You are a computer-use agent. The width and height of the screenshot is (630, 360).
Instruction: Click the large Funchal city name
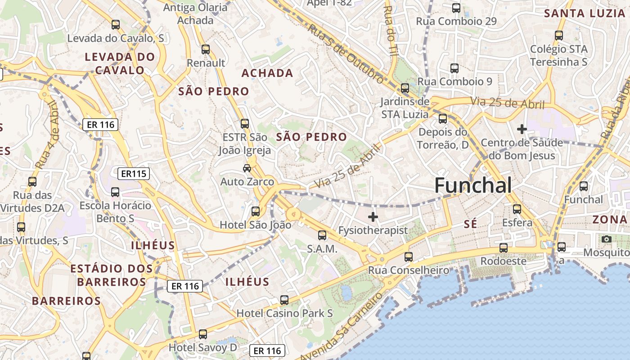pyautogui.click(x=473, y=185)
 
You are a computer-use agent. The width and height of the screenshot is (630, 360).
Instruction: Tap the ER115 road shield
pyautogui.click(x=133, y=173)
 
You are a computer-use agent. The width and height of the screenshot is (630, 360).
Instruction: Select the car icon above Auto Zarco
pyautogui.click(x=247, y=168)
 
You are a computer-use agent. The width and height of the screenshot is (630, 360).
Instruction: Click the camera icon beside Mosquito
pyautogui.click(x=607, y=239)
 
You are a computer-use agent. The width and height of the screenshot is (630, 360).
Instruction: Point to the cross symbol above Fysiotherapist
pyautogui.click(x=373, y=217)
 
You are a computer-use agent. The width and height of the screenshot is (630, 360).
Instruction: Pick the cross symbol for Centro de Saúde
pyautogui.click(x=522, y=130)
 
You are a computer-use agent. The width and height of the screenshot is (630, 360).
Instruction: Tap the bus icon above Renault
pyautogui.click(x=206, y=49)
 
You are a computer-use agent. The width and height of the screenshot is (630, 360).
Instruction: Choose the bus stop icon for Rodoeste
pyautogui.click(x=504, y=248)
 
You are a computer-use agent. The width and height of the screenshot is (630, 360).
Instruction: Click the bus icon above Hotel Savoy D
pyautogui.click(x=203, y=334)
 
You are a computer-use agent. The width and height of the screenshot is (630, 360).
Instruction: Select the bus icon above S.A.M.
pyautogui.click(x=322, y=235)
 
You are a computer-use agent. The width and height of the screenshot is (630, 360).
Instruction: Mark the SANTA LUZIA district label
pyautogui.click(x=585, y=13)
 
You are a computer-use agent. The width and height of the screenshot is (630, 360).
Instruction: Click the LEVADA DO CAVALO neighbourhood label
pyautogui.click(x=120, y=63)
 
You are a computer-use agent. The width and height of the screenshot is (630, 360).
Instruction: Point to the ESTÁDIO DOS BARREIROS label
pyautogui.click(x=112, y=275)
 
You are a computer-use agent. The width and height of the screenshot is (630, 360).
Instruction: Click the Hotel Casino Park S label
pyautogui.click(x=285, y=313)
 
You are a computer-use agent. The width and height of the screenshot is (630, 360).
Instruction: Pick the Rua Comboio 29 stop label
pyautogui.click(x=456, y=21)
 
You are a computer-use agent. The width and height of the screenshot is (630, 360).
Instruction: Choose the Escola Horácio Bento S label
pyautogui.click(x=116, y=212)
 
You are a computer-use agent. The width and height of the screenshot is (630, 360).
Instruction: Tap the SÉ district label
pyautogui.click(x=470, y=224)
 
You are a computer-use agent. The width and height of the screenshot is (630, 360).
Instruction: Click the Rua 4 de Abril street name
pyautogui.click(x=47, y=135)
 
